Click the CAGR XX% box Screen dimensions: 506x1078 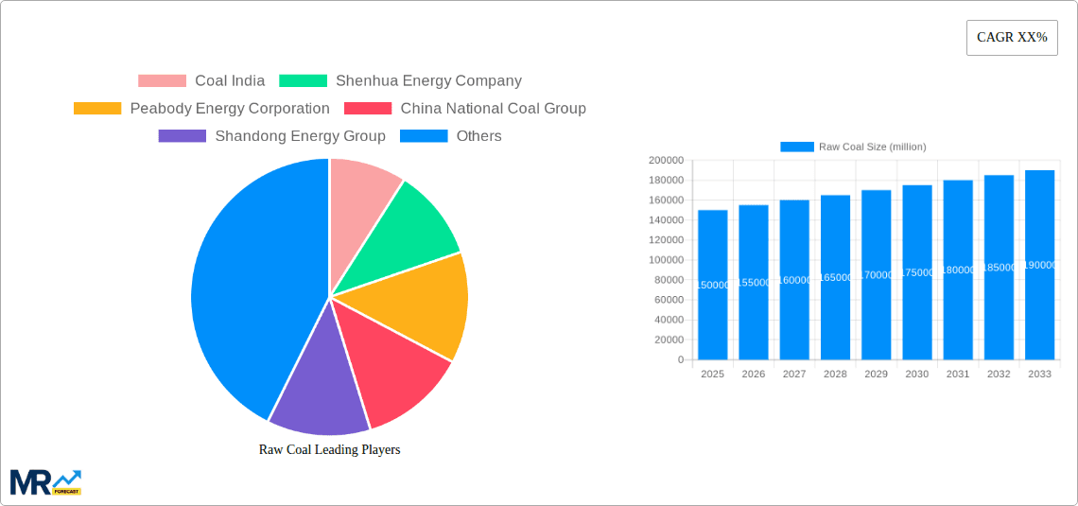click(x=1011, y=38)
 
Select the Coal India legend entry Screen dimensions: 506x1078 click(x=201, y=81)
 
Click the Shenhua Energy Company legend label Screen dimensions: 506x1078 click(x=427, y=81)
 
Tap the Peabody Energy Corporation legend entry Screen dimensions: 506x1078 click(x=201, y=109)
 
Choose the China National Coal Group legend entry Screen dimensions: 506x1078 click(x=465, y=109)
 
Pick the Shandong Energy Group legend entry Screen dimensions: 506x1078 click(x=272, y=136)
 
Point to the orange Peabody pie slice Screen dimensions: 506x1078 click(x=426, y=303)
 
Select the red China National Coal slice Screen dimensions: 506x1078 click(x=392, y=374)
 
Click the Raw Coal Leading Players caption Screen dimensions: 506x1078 click(x=329, y=450)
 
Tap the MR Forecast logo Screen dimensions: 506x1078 click(x=45, y=481)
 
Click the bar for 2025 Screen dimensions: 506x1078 click(x=713, y=285)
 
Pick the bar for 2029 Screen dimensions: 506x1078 click(x=876, y=274)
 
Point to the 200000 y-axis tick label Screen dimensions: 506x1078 click(x=666, y=161)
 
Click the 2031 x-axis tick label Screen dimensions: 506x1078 click(x=958, y=375)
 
